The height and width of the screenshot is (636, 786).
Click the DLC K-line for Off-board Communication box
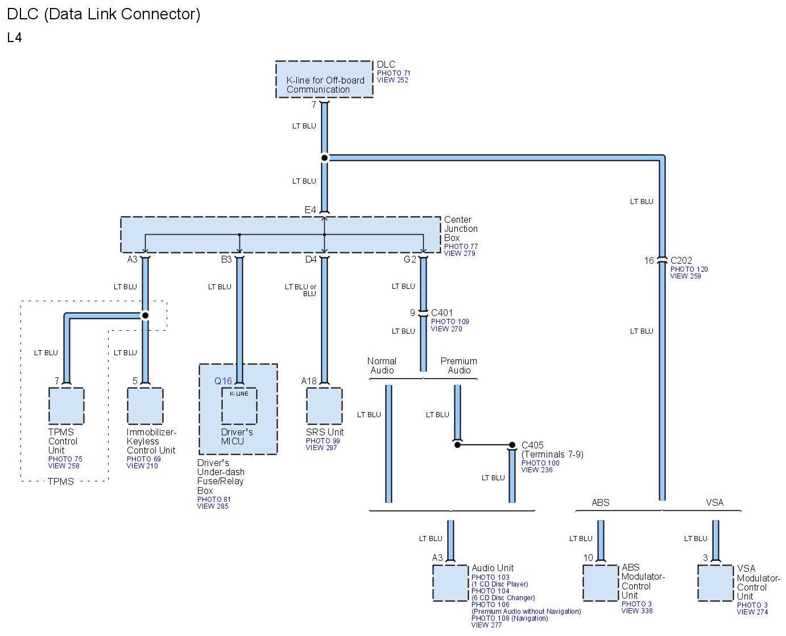[324, 79]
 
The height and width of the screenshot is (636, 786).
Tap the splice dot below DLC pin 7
[324, 158]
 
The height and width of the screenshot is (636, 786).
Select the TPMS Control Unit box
[67, 406]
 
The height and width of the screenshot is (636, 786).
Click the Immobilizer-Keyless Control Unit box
[145, 406]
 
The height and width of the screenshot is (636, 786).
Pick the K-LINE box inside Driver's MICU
[239, 406]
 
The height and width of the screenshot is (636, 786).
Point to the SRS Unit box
[324, 406]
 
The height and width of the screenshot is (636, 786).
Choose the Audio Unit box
[450, 583]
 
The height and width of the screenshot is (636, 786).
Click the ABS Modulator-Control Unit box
[601, 583]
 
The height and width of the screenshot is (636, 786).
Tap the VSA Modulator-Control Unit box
[715, 583]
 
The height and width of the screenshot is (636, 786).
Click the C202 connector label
[681, 260]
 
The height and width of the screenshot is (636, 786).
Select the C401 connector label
[441, 313]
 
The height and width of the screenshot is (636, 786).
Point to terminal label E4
[310, 210]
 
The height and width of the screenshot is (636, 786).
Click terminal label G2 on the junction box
[409, 259]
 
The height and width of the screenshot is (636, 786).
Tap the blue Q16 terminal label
[223, 381]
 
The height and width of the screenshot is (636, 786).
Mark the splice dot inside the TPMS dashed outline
[145, 315]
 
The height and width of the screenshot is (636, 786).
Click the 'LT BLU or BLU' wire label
[300, 290]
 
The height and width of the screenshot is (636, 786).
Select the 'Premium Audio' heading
[458, 365]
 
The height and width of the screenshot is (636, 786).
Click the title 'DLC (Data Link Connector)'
[104, 14]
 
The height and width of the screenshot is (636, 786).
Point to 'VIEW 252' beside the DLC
[392, 80]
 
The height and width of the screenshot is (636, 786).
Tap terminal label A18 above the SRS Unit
[308, 381]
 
